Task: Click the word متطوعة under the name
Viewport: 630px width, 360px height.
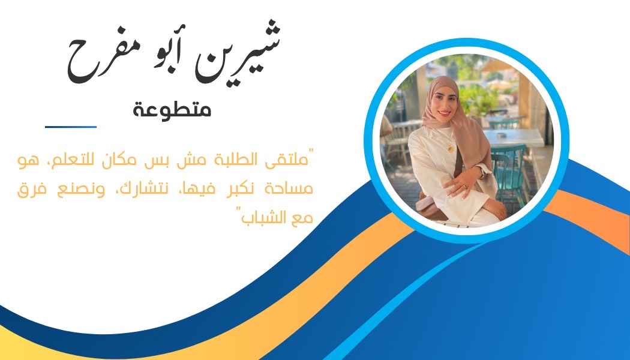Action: pyautogui.click(x=172, y=110)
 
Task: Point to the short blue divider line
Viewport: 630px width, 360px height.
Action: pyautogui.click(x=71, y=127)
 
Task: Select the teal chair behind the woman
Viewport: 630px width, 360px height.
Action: pyautogui.click(x=509, y=173)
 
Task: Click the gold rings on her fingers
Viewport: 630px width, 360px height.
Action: pyautogui.click(x=462, y=185)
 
